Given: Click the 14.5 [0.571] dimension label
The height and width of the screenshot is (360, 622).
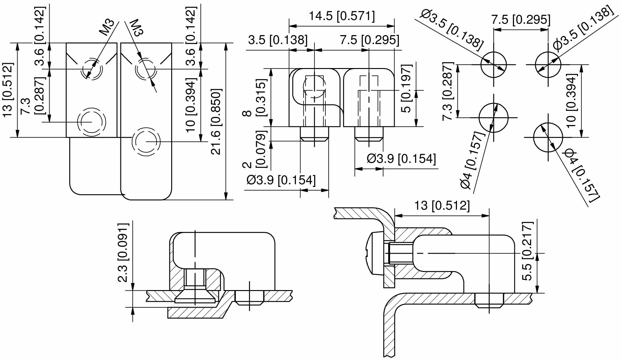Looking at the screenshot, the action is coord(342,16).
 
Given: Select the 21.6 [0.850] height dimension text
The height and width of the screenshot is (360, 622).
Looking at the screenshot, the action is coord(216,122).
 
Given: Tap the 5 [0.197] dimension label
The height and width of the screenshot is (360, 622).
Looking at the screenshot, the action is coord(406,88).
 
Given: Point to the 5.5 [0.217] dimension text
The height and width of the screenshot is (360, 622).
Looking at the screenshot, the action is coord(527,251).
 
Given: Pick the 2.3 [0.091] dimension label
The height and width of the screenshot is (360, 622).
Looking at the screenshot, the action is coord(123,253).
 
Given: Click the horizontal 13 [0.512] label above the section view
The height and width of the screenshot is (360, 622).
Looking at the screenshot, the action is coord(442,205).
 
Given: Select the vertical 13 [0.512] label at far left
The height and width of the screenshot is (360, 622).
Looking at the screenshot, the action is coord(8,90).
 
